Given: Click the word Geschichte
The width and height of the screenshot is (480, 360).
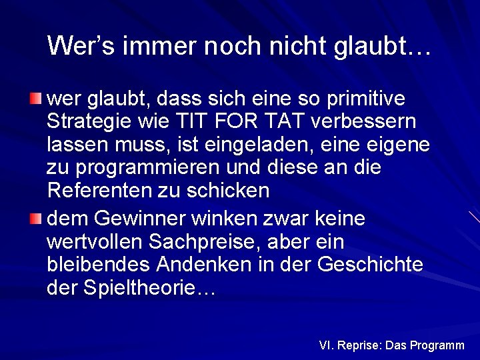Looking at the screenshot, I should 373,265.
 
